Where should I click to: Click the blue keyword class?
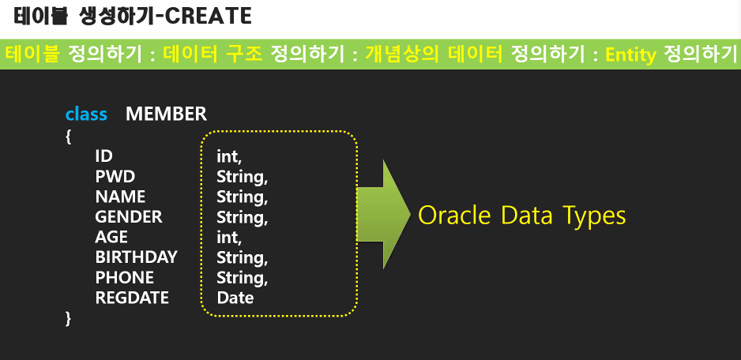pos(86,114)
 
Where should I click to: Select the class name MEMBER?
pos(167,114)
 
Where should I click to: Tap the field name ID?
pos(104,156)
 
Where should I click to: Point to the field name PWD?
pos(115,176)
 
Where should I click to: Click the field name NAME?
pos(121,197)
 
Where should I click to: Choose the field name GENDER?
pos(129,217)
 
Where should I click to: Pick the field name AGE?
pos(111,237)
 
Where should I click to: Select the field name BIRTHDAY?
pos(136,257)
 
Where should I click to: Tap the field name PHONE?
pos(125,277)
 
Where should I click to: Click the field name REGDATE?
pos(132,298)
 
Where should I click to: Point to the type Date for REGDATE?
pos(235,298)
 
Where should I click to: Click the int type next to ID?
pos(229,156)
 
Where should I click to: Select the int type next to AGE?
pos(229,237)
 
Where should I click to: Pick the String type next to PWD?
pos(243,177)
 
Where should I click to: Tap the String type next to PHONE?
pos(243,278)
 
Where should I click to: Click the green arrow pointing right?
pos(383,215)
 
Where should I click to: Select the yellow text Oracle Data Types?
pos(522,216)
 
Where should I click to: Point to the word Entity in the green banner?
pos(631,55)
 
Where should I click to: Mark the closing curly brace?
pos(69,319)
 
